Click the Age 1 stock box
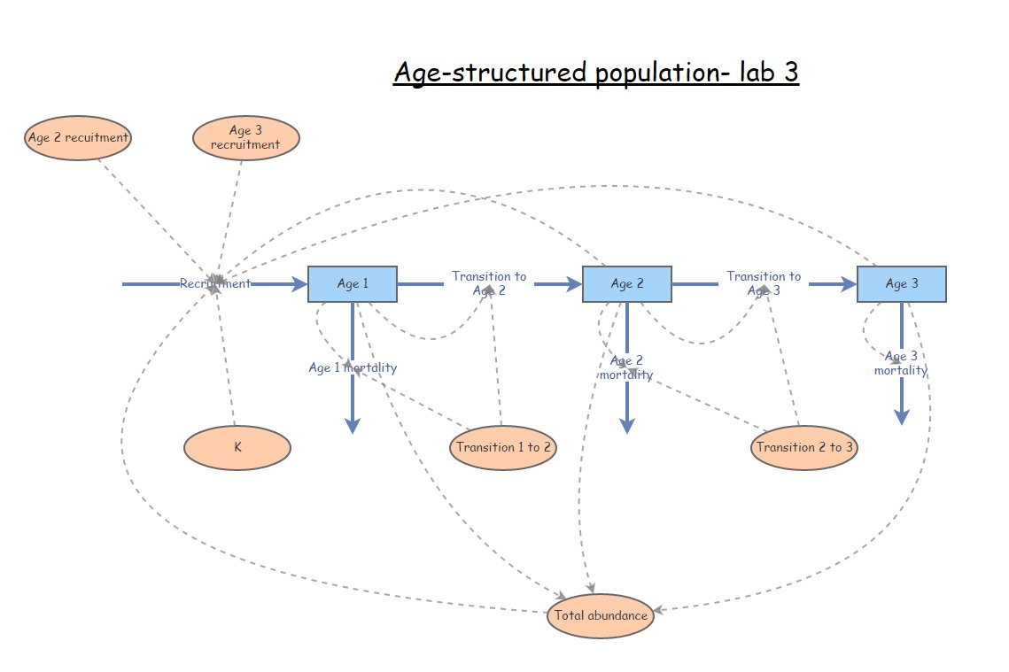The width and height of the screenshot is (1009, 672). click(x=353, y=284)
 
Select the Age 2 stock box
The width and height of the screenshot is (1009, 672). click(x=626, y=284)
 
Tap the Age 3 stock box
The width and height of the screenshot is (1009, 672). click(x=901, y=284)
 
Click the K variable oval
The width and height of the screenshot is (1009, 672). click(x=237, y=447)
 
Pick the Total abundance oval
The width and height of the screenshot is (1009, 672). click(x=601, y=615)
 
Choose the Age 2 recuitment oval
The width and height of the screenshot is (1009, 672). click(x=78, y=137)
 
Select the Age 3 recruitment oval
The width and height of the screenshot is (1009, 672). click(x=246, y=137)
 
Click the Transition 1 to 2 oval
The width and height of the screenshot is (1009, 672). click(x=503, y=447)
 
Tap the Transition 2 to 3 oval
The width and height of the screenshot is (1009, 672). click(x=804, y=447)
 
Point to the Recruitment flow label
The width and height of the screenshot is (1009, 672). click(x=215, y=284)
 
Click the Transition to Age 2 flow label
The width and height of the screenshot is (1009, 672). click(x=489, y=283)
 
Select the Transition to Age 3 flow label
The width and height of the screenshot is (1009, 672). click(x=764, y=283)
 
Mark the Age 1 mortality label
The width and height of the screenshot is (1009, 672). click(x=353, y=368)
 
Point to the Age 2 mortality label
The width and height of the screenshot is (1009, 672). click(x=626, y=367)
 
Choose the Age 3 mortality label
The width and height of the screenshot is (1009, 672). click(x=901, y=363)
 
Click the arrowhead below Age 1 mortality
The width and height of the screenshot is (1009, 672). click(x=353, y=426)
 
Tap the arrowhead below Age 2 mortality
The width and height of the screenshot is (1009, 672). click(x=626, y=426)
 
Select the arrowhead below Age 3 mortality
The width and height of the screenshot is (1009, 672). click(x=901, y=417)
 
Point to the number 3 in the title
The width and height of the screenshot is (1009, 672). click(x=790, y=73)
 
